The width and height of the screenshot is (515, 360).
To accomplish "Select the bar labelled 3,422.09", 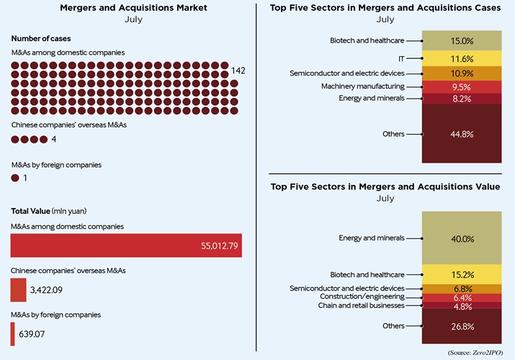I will click(x=18, y=290).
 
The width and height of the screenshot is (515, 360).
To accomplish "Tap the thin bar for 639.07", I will click(x=13, y=333).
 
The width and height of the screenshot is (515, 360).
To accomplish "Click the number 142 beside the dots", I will click(x=238, y=71).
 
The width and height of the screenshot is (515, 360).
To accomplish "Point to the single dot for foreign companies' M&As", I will click(x=15, y=178).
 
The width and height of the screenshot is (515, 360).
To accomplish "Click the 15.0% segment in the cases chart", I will click(x=461, y=41).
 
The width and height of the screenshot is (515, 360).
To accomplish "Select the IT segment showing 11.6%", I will click(x=461, y=58).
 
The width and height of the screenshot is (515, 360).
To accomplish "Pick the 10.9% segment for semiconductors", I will click(x=461, y=73).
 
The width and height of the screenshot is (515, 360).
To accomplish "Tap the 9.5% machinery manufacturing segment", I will click(x=461, y=87).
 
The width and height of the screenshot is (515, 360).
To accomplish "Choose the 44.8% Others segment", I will click(x=461, y=134).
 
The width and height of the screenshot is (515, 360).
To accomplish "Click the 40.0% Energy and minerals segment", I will click(x=461, y=238).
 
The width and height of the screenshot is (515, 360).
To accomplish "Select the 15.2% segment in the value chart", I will click(x=461, y=274).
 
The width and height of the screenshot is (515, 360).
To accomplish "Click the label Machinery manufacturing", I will click(x=372, y=86).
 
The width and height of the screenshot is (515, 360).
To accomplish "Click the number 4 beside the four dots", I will click(x=54, y=139).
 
